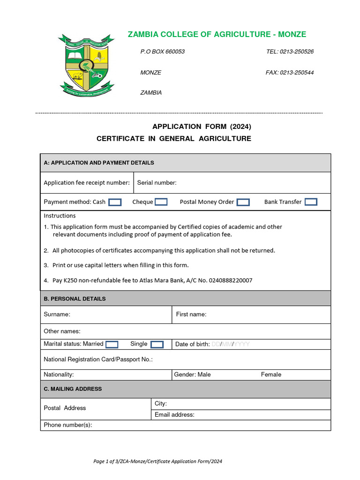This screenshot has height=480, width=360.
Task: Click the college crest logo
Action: tap(86, 64)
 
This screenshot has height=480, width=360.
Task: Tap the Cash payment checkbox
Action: tap(115, 202)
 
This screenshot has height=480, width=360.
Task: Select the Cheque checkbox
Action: tap(161, 202)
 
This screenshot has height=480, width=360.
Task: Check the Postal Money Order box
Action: tap(243, 202)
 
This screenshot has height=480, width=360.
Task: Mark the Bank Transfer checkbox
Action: tap(311, 202)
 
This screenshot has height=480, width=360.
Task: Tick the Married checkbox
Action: tap(112, 345)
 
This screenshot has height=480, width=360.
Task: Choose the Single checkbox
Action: tap(157, 345)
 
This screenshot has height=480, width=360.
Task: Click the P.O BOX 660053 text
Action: tap(163, 52)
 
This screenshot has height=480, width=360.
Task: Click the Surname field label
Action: tap(57, 314)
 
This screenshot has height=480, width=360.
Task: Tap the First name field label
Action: tap(191, 314)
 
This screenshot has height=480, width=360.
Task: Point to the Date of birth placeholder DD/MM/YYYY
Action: tap(231, 345)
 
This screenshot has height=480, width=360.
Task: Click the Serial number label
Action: tap(157, 183)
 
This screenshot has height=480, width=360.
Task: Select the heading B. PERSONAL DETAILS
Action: tap(75, 299)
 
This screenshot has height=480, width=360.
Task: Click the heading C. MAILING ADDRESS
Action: tap(73, 389)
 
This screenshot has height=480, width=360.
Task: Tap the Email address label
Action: tap(174, 414)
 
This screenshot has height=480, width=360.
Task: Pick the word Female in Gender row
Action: tap(271, 375)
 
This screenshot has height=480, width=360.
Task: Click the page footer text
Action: tap(157, 461)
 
